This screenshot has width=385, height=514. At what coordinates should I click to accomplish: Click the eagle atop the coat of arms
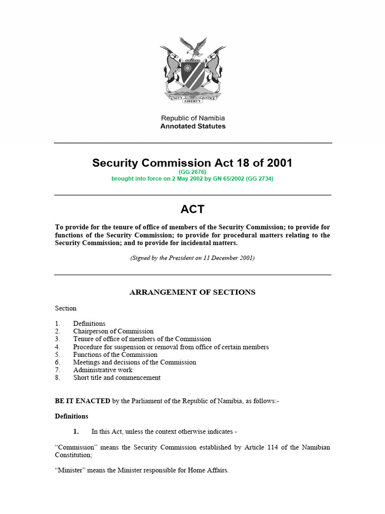point(193,46)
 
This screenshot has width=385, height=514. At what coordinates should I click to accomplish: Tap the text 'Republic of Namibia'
point(192,118)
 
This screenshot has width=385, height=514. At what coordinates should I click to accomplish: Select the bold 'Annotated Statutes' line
point(192,126)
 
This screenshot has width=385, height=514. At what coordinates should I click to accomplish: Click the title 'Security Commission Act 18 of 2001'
point(192,163)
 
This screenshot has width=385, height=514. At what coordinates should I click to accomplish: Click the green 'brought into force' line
point(192,178)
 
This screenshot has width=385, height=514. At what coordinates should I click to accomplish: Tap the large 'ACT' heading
point(192,209)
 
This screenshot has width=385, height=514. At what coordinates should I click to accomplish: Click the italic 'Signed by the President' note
point(192,258)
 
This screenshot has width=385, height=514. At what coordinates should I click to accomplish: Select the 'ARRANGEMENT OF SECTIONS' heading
point(192,292)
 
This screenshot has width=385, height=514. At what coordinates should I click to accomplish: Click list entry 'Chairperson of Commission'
point(113,331)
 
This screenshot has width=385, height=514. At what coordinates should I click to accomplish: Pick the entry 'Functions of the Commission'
point(115,354)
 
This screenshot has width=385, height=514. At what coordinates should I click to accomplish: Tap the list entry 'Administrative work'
point(103,370)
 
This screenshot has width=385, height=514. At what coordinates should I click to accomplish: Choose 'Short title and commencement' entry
point(117,377)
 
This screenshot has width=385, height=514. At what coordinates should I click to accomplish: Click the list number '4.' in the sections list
point(58,347)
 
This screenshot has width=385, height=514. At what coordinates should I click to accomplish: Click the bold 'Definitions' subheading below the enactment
point(71,416)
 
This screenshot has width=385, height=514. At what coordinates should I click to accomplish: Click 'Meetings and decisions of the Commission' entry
point(134,362)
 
